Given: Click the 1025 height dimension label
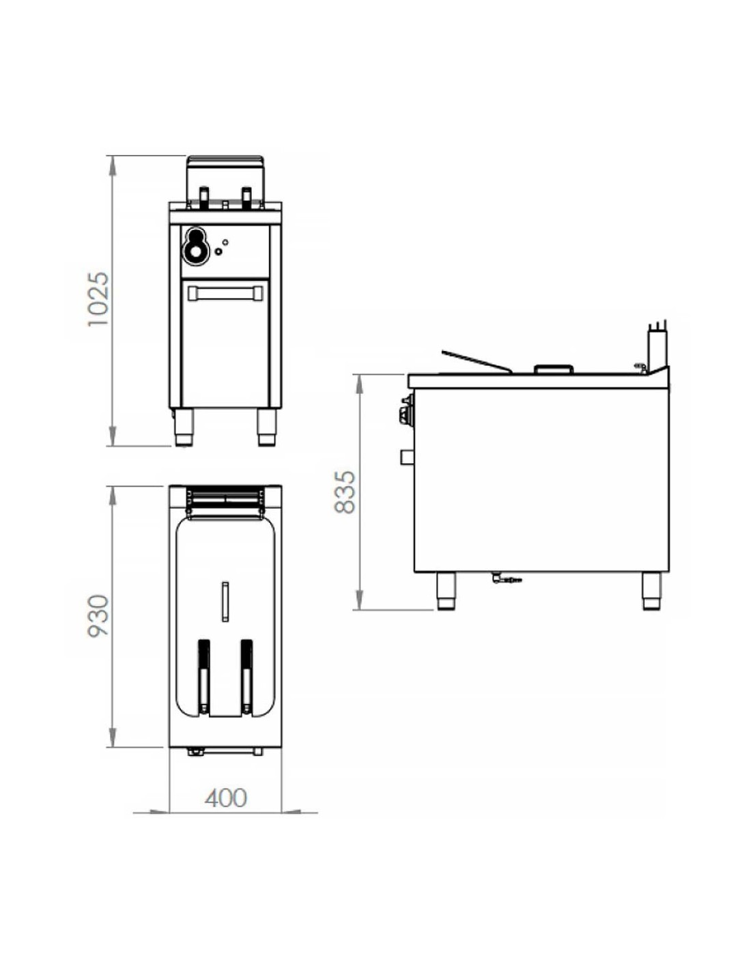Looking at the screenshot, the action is [99, 299].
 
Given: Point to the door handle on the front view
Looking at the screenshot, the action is [225, 293].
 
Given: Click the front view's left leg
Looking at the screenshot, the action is [183, 427].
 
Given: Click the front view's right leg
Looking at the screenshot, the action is [267, 427].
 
